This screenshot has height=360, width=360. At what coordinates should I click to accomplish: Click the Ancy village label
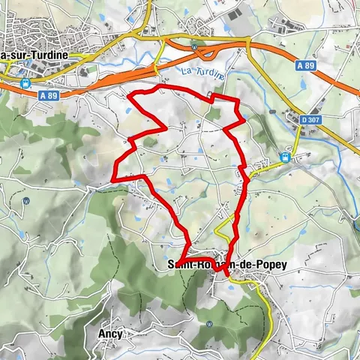[x=109, y=333]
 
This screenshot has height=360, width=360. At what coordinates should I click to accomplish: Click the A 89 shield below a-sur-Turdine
[x=48, y=95]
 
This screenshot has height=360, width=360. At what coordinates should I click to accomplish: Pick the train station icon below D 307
[x=285, y=157]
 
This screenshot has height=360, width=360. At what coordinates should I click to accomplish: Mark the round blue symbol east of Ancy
[x=211, y=324]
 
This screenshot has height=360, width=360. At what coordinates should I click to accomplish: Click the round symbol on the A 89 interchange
[x=193, y=45]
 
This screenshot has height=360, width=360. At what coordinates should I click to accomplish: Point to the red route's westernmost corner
[x=112, y=179]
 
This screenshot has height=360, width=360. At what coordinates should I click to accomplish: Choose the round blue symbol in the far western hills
[x=26, y=201]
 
